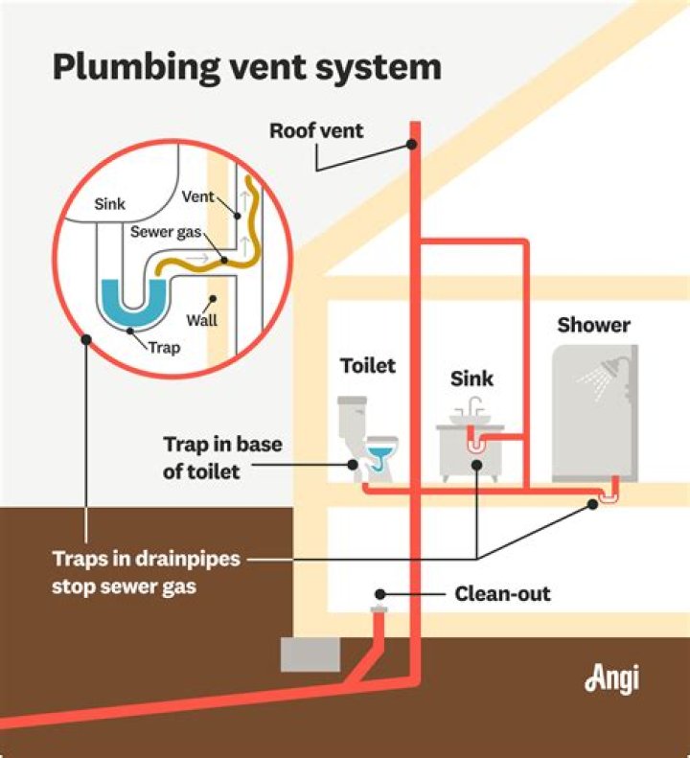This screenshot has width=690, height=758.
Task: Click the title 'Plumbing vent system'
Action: point(246,68)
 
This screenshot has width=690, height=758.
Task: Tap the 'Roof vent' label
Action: point(316,130)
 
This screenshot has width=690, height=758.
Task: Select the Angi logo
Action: point(610,678)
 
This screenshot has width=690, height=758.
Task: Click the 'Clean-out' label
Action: point(502,594)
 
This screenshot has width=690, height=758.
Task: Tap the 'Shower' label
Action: point(593,325)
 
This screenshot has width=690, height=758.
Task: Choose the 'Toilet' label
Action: point(368,365)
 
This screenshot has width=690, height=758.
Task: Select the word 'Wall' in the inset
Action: point(201,320)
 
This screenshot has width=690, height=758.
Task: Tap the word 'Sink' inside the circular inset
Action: point(109,204)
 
